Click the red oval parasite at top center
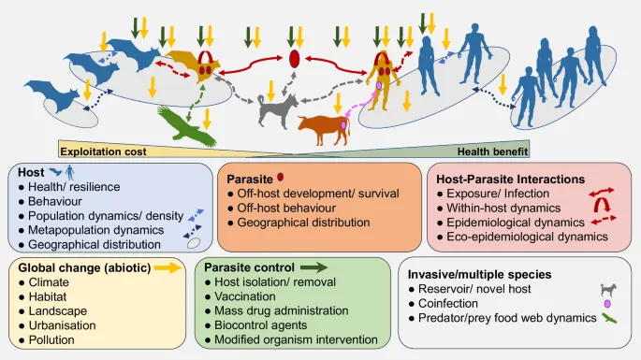point(294,59)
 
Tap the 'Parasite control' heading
point(255,266)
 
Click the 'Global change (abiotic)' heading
point(80,267)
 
